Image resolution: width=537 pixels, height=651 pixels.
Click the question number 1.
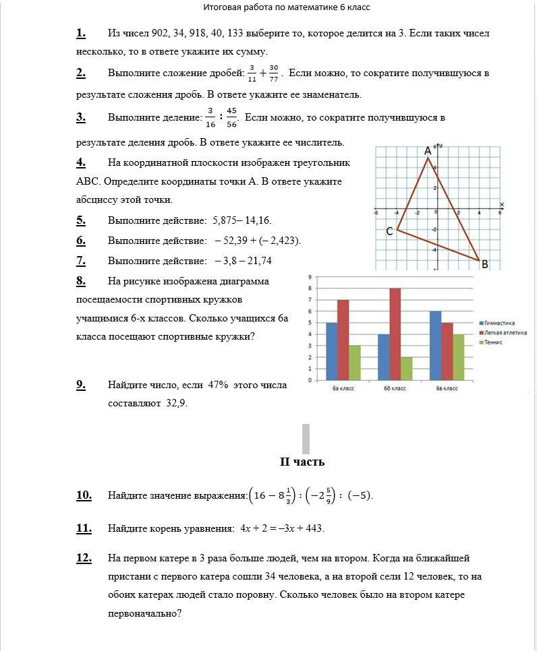point(81,33)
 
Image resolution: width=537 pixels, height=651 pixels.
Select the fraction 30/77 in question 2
point(273,73)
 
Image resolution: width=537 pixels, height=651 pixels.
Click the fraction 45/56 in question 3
point(233,118)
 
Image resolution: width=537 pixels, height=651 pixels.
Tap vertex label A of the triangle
point(428,152)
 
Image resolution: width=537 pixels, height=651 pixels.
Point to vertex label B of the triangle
point(484,265)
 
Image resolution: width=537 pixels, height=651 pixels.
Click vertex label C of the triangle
point(389,231)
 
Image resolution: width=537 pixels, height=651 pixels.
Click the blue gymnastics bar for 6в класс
point(436,345)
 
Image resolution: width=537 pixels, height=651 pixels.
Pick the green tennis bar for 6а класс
point(355,363)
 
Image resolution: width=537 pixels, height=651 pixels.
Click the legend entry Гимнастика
point(499,323)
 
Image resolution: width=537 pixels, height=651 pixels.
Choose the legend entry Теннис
point(494,342)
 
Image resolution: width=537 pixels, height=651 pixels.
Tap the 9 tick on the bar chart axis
point(308,277)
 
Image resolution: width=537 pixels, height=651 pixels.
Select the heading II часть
point(302,462)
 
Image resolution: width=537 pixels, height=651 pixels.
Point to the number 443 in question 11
point(314,528)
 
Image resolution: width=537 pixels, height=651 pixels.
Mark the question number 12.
point(84,558)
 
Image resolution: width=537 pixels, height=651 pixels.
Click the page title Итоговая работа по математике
point(286,7)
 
